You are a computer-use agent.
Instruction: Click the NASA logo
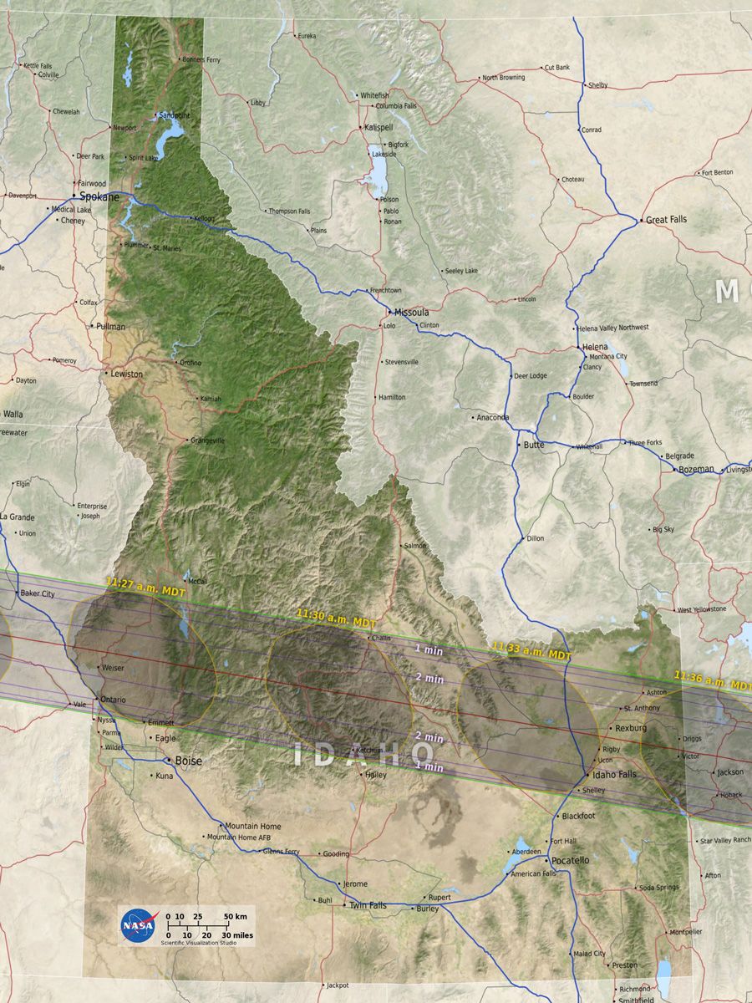[x=137, y=924]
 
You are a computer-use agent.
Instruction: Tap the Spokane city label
[x=99, y=196]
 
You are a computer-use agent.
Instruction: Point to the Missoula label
[x=411, y=312]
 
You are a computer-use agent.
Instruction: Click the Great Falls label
[x=667, y=220]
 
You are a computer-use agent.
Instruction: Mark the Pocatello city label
[x=570, y=860]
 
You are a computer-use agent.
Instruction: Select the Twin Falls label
[x=368, y=905]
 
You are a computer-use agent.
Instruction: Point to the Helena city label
[x=595, y=347]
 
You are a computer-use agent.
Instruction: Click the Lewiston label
[x=126, y=374]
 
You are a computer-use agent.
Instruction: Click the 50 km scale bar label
[x=236, y=917]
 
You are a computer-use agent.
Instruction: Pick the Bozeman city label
[x=696, y=470]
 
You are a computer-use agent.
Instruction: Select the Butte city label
[x=533, y=445]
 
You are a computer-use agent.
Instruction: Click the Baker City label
[x=37, y=593]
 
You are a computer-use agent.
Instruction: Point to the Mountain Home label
[x=253, y=827]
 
